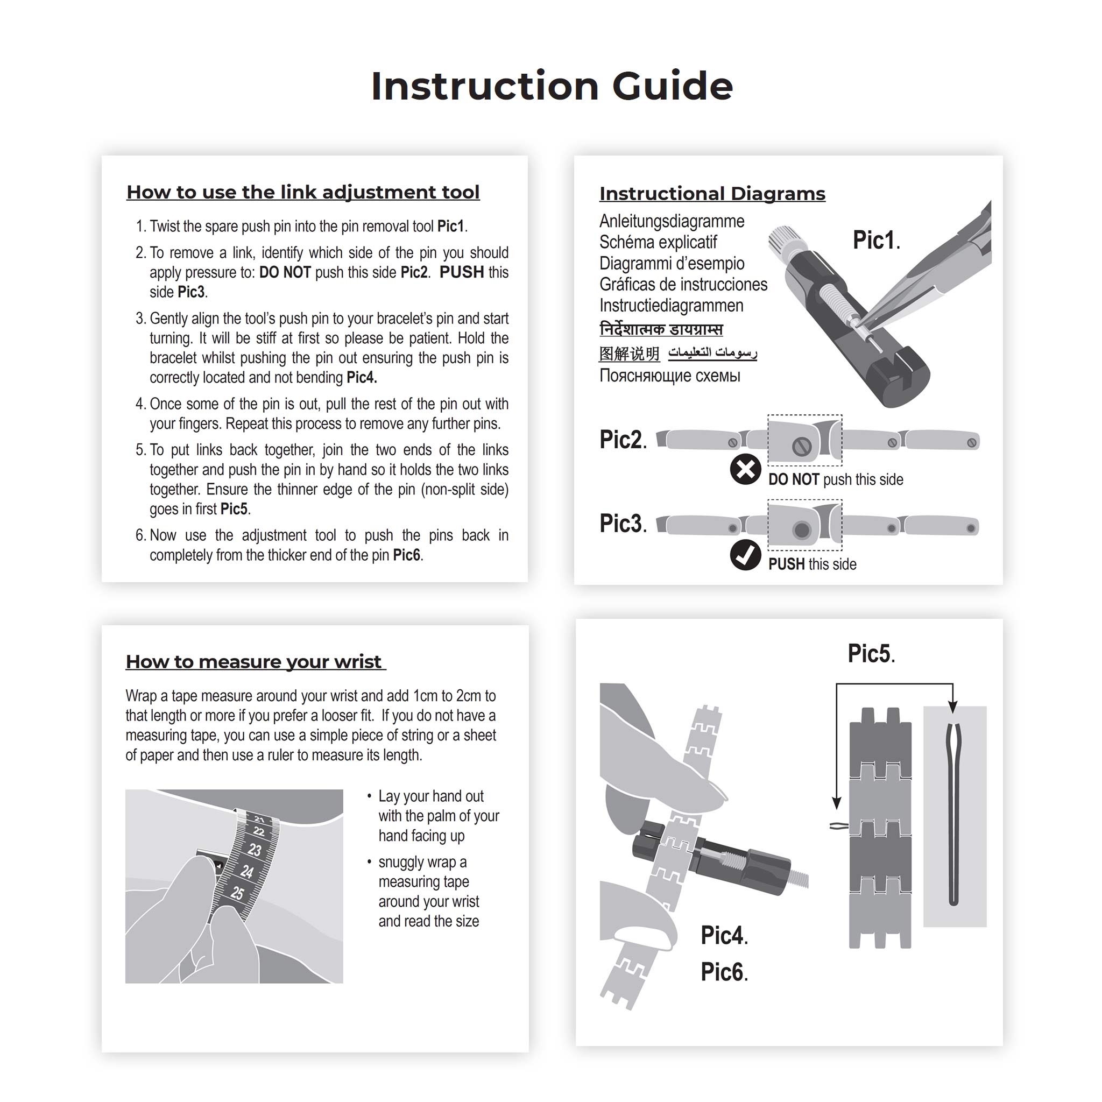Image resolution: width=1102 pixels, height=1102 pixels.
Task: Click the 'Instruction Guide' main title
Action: [551, 86]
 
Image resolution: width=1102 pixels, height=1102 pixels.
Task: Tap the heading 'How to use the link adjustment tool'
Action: [303, 192]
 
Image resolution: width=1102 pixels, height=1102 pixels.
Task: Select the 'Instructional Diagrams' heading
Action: [712, 193]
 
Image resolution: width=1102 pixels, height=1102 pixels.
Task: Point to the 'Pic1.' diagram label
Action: [875, 240]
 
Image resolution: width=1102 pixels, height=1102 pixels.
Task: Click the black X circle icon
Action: [745, 469]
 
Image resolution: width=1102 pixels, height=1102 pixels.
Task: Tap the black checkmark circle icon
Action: [745, 555]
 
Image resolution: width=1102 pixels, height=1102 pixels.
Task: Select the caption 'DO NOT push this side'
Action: [835, 479]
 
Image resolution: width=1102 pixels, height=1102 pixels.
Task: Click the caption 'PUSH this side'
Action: [811, 564]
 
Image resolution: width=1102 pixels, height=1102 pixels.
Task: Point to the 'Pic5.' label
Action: [871, 654]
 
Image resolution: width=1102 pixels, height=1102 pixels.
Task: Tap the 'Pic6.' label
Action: [724, 972]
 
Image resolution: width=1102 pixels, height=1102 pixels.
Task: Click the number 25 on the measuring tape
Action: [237, 893]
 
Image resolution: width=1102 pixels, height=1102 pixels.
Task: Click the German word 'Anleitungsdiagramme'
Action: [672, 221]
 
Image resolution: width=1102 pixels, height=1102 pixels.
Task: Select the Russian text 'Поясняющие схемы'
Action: [669, 376]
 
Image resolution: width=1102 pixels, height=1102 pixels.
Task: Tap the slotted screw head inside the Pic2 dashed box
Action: [802, 446]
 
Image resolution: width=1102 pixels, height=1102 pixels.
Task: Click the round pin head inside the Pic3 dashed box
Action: [801, 530]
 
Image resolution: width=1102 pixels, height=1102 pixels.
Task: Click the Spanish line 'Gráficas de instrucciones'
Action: [683, 284]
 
